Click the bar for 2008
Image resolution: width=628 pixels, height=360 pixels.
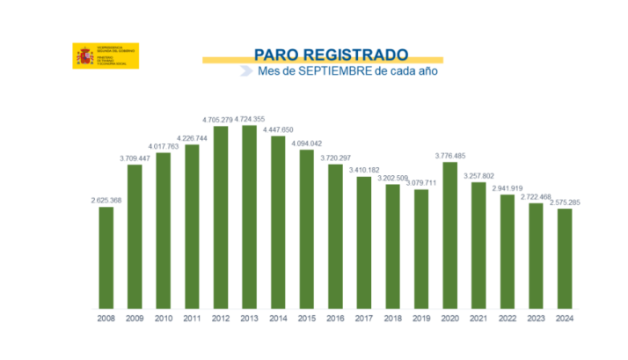(106, 257)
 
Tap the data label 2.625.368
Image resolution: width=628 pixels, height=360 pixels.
(106, 201)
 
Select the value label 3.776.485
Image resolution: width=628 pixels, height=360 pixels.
(450, 156)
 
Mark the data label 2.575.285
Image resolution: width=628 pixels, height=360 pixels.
(565, 202)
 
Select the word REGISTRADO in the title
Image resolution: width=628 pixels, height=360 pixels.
(359, 53)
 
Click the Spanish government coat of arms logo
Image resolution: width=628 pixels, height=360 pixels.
(84, 55)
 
